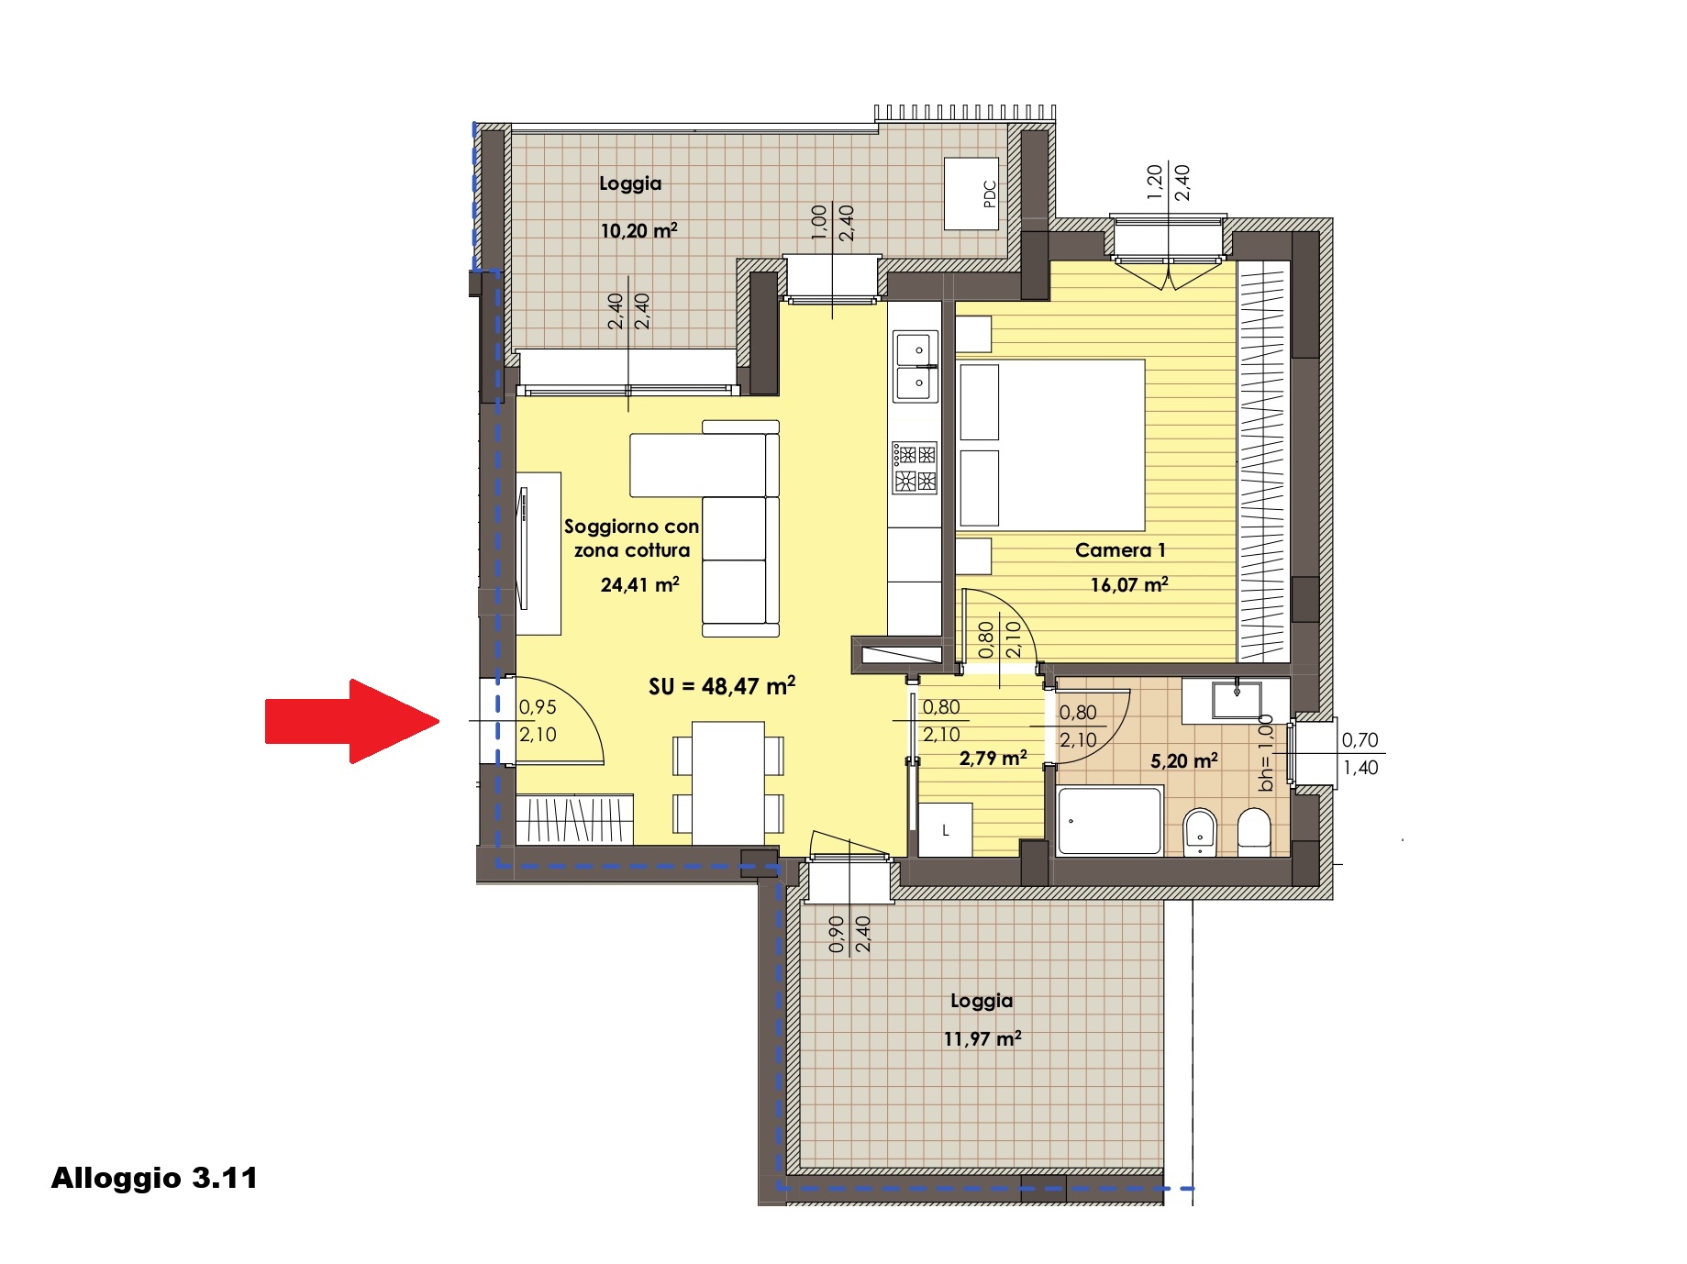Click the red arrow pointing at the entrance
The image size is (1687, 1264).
click(353, 721)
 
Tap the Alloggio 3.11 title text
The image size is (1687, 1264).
click(154, 1178)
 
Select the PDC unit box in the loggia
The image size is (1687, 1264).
click(972, 194)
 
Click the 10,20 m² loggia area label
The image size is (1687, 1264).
click(638, 230)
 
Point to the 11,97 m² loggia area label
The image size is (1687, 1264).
click(982, 1038)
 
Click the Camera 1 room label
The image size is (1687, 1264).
click(1120, 550)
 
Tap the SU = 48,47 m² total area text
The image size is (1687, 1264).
click(722, 686)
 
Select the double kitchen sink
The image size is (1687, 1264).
click(916, 366)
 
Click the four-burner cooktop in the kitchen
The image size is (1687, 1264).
click(916, 467)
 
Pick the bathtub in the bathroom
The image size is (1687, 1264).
click(1110, 821)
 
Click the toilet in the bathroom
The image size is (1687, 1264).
click(1254, 832)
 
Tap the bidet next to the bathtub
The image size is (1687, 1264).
click(1200, 832)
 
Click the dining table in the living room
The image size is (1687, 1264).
click(728, 783)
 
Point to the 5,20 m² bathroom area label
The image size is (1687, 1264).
click(1184, 760)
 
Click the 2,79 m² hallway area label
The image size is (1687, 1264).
click(993, 758)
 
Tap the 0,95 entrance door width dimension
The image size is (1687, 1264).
click(538, 707)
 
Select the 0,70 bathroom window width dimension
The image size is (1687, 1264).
click(1360, 739)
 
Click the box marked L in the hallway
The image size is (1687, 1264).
click(945, 830)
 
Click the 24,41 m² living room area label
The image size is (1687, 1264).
click(639, 584)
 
